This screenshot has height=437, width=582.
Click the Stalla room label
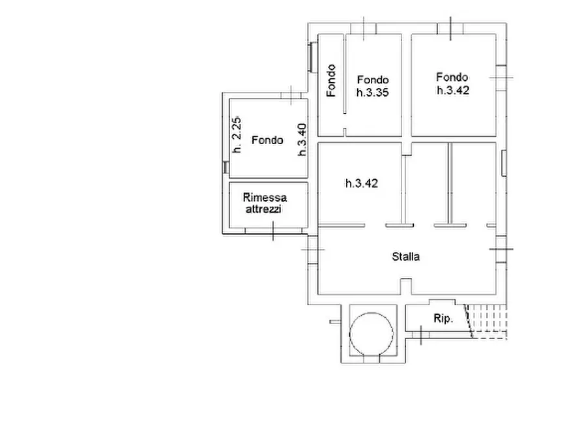tap(405, 256)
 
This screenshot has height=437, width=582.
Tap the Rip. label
tap(443, 318)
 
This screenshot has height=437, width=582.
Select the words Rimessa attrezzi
tap(265, 203)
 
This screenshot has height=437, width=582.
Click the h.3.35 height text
tap(372, 92)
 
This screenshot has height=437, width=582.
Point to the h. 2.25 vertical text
tap(237, 135)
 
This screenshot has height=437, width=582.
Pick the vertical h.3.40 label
tap(302, 140)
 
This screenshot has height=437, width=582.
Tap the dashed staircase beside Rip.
tap(486, 322)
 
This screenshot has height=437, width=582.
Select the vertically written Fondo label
tap(331, 81)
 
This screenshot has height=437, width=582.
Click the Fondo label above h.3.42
tap(452, 78)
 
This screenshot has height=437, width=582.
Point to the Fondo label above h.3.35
tap(373, 80)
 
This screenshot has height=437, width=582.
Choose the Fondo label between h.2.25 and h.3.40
tap(267, 140)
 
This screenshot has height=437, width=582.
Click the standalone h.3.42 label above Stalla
tap(362, 183)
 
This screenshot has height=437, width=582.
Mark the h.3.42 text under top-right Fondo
tap(453, 90)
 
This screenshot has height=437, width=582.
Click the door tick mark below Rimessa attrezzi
tap(273, 231)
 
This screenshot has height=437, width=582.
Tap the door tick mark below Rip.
tap(421, 335)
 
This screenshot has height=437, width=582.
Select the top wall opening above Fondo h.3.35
tap(364, 29)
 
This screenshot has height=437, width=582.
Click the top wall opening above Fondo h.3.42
tap(450, 29)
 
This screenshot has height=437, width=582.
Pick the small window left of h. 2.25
tap(226, 167)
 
